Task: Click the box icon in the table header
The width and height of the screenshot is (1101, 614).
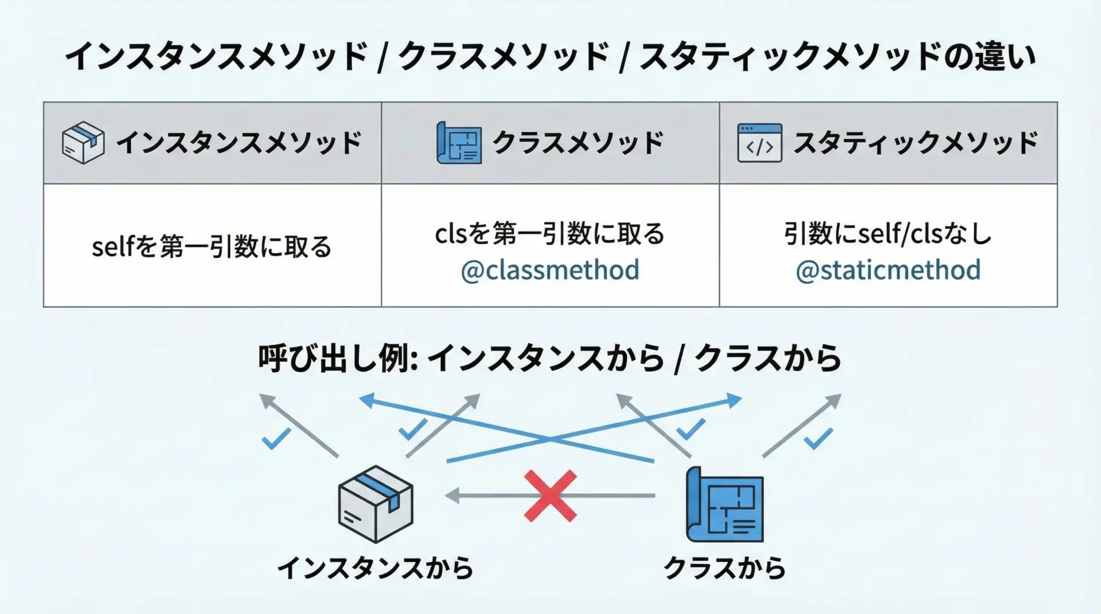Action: [x=83, y=143]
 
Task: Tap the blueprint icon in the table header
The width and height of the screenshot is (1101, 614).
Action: [x=459, y=143]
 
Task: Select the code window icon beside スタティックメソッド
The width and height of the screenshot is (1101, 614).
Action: [x=759, y=143]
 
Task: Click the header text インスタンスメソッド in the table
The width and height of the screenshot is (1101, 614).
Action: [x=239, y=143]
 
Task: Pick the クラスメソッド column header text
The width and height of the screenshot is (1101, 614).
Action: [x=578, y=143]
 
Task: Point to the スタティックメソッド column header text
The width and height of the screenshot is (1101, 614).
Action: [x=915, y=143]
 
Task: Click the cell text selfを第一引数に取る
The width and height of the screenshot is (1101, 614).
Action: [x=212, y=247]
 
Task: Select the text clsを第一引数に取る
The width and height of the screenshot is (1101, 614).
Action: [x=550, y=234]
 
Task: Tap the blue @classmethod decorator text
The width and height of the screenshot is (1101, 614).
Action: [x=550, y=270]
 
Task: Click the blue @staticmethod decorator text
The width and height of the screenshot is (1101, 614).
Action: [x=888, y=270]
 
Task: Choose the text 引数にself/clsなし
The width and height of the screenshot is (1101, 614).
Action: [x=888, y=234]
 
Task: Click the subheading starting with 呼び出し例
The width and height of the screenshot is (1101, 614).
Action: [x=549, y=359]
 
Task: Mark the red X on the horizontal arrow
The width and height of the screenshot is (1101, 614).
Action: [x=550, y=496]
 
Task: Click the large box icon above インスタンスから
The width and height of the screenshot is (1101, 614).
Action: [x=376, y=504]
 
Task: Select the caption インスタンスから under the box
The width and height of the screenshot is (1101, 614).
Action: [x=376, y=568]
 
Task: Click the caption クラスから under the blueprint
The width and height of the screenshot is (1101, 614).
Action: [x=724, y=568]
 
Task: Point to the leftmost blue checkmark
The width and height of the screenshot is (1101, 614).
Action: [x=276, y=439]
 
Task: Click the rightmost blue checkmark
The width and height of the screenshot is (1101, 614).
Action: [x=818, y=439]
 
